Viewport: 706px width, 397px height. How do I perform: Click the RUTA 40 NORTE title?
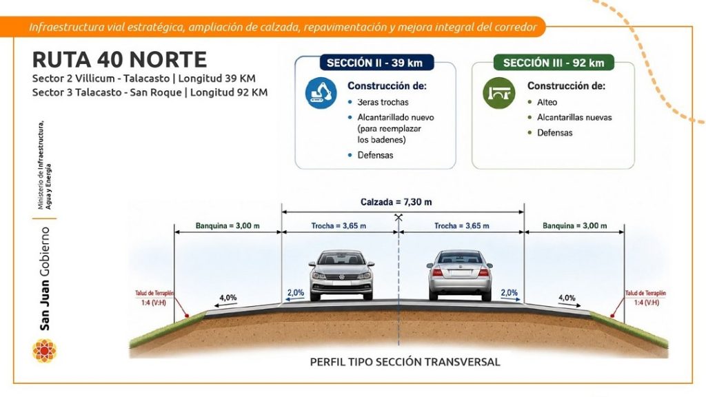pos(119,60)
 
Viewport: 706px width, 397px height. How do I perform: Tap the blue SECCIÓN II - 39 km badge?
pos(376,63)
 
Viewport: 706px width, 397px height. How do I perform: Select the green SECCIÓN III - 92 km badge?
pos(554,63)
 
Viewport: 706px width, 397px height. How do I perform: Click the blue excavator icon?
pos(321,93)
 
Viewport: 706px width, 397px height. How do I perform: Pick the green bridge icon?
pos(499,93)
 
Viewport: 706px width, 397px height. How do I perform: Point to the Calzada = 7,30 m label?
pos(396,202)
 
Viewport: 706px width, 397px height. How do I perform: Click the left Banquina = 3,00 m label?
pos(228,225)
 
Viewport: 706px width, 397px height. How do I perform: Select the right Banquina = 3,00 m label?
pos(574,225)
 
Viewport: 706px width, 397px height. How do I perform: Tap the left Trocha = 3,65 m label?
pos(339,225)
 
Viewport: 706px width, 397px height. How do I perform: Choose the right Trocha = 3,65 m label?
pos(461,225)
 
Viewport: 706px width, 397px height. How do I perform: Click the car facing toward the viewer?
pos(341,275)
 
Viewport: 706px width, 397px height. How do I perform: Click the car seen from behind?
pos(460,275)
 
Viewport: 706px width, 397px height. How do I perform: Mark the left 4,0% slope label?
pos(228,298)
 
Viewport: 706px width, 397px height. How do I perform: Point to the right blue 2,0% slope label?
pos(510,292)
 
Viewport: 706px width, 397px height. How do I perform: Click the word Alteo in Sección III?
pos(547,102)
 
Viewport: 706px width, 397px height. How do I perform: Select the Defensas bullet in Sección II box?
pos(375,155)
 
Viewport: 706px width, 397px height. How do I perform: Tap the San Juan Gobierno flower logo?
pos(44,351)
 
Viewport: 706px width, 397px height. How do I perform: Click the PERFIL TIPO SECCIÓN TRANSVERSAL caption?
pos(405,362)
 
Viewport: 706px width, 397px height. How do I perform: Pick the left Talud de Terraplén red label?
pos(154,298)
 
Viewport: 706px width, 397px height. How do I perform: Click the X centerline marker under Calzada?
pos(398,218)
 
